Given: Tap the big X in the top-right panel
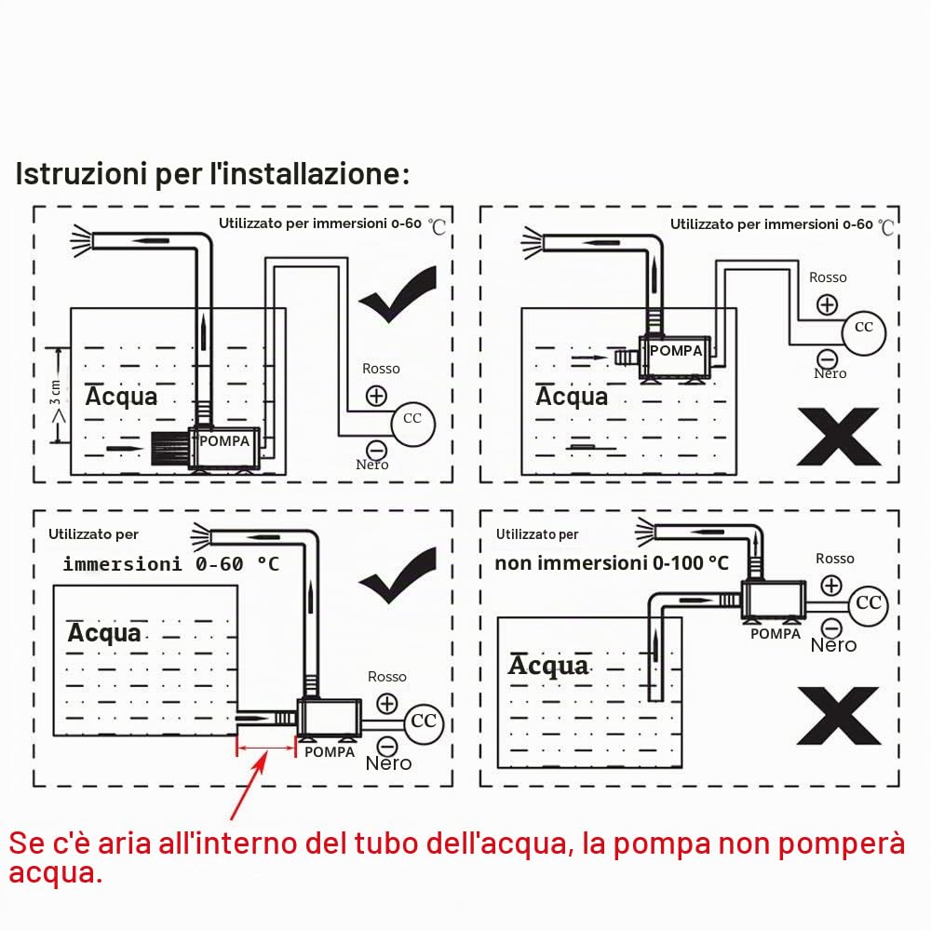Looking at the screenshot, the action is point(839,437).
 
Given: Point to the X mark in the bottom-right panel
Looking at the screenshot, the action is point(839,715).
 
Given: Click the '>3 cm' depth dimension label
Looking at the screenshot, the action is point(57,401).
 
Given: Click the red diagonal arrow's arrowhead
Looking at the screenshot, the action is point(260,762).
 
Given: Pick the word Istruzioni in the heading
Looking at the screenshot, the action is point(81,174).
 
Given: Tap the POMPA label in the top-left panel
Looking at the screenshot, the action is point(223,441).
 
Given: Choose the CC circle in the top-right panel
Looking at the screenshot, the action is point(863,333).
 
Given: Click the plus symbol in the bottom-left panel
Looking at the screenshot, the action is point(387,704).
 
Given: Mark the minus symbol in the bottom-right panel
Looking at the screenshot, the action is point(831,627).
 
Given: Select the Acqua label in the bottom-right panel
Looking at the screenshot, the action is point(548,666).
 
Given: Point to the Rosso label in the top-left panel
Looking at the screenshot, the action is point(381,369).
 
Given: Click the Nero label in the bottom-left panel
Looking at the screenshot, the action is point(388,763).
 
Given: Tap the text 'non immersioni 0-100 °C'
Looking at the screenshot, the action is point(612,563).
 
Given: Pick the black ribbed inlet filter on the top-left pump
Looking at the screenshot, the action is point(169,449).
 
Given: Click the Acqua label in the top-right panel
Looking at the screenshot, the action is point(572,397).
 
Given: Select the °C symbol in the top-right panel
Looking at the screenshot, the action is point(886,227).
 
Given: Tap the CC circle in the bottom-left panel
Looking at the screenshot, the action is point(424,722).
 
